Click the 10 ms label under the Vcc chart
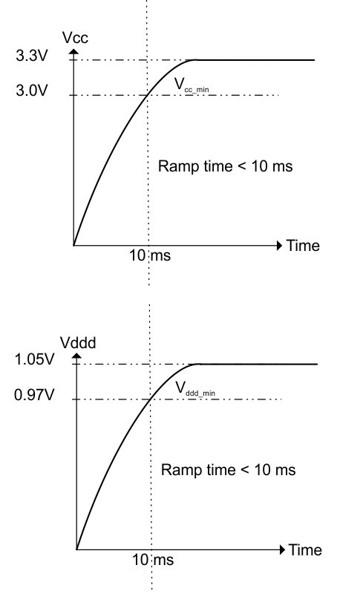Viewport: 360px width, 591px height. point(151,257)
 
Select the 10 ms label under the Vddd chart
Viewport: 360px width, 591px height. point(152,561)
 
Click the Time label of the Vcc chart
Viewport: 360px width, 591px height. point(304,246)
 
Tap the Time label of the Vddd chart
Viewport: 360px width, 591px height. point(305,550)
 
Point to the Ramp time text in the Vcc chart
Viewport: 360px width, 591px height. point(226,166)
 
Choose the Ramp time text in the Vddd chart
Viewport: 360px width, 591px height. point(229,470)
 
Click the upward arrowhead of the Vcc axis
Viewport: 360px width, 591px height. point(73,53)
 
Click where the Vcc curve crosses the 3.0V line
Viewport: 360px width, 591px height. point(149,95)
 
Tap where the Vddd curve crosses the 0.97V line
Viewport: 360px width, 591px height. point(152,399)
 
